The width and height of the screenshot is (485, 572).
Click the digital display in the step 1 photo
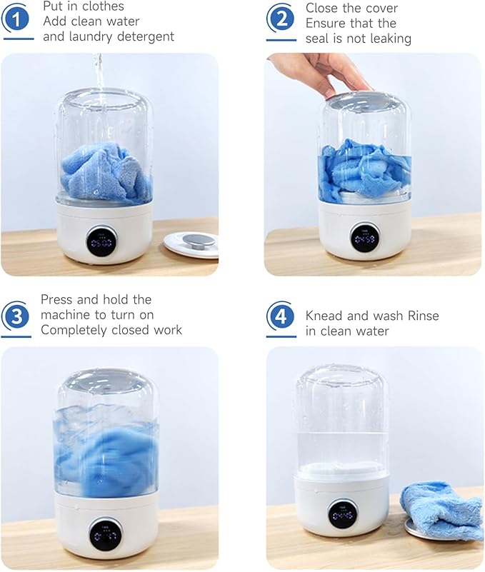(101, 243)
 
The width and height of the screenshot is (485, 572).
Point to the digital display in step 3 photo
(105, 533)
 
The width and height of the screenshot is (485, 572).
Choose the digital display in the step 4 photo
(343, 513)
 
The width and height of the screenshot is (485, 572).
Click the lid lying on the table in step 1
(191, 243)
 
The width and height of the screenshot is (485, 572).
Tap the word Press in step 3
(57, 300)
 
